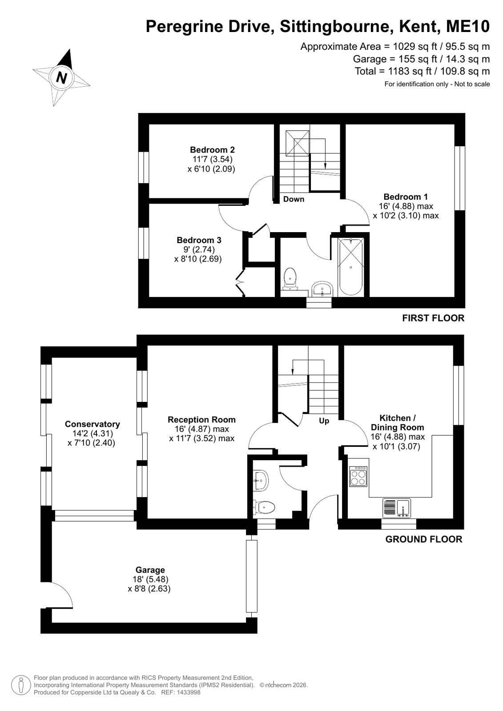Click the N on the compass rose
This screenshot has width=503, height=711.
[62, 77]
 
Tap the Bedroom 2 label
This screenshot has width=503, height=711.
[212, 149]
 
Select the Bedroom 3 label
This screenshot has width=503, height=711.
[199, 240]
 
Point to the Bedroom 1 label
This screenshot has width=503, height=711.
[406, 197]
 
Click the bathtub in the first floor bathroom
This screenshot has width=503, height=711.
[350, 267]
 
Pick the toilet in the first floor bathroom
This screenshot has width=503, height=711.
[290, 279]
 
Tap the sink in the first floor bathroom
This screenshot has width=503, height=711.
[322, 289]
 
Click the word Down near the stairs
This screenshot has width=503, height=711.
[294, 199]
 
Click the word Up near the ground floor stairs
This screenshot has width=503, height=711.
[324, 421]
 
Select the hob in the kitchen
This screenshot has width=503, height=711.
[358, 476]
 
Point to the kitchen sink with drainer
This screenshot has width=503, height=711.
[397, 508]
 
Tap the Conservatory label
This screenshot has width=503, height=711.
[92, 424]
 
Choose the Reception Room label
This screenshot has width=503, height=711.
[201, 420]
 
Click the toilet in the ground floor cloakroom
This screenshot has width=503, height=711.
[264, 507]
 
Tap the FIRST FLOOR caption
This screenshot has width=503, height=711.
[433, 318]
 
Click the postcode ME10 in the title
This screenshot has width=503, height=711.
[468, 27]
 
